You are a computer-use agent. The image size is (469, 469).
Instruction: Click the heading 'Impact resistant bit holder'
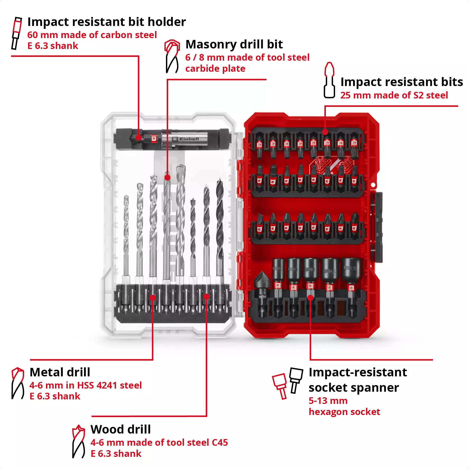(106, 22)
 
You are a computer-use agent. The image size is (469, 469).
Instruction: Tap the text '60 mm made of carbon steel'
(92, 35)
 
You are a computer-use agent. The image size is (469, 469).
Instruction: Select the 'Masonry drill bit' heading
(234, 44)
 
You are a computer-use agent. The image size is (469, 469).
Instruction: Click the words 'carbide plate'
(215, 69)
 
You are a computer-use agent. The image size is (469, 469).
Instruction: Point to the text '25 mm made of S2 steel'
(394, 95)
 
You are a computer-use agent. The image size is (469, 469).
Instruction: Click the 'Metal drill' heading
(60, 372)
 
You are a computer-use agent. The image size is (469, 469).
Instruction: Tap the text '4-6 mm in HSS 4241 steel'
(85, 385)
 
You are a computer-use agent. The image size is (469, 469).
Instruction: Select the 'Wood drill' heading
(120, 429)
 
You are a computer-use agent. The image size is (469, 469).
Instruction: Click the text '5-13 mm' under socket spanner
(328, 401)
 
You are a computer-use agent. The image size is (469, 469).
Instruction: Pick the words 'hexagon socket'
(344, 412)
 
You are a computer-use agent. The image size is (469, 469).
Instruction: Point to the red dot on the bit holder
(138, 137)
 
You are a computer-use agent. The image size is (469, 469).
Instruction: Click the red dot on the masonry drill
(167, 178)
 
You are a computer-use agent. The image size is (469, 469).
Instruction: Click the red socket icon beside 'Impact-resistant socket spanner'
(280, 385)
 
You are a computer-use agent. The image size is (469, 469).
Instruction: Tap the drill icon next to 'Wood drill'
(78, 441)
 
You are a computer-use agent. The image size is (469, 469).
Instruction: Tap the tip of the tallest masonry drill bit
(181, 167)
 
